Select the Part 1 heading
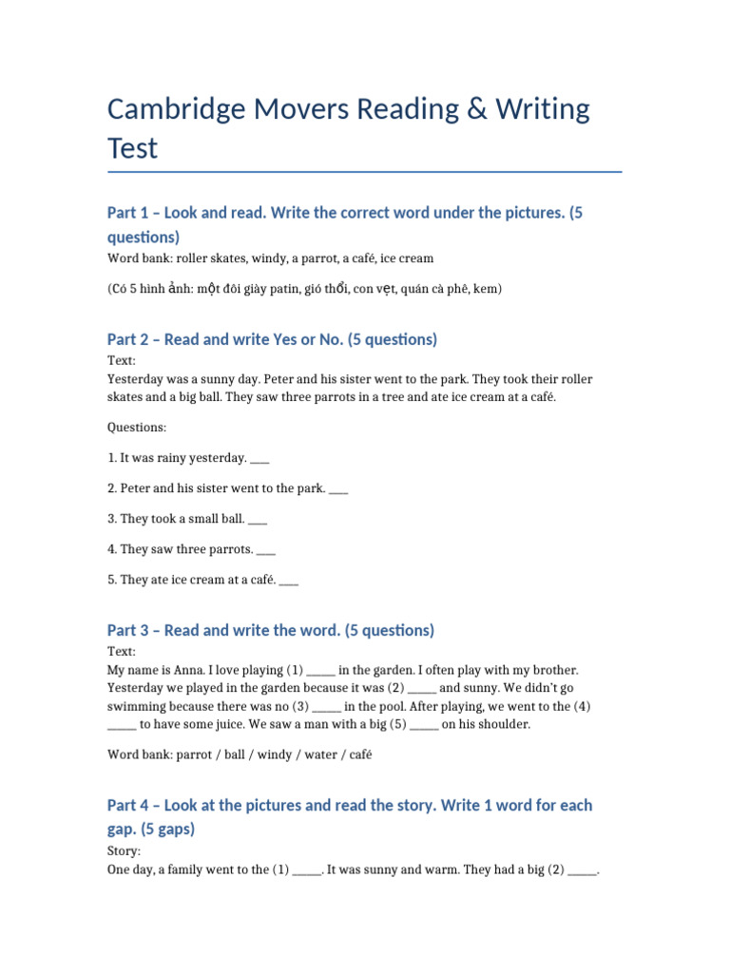coord(345,224)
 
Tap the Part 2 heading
coord(272,339)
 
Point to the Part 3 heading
coord(270,630)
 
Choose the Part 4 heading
coord(349,816)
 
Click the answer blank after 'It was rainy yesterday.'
coord(260,459)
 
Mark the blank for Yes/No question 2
coord(338,489)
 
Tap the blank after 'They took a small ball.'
coord(258,520)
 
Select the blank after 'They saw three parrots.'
coord(266,550)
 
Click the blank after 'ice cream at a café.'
coord(290,581)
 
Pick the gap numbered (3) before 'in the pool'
coord(327,707)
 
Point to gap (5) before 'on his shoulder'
coord(425,725)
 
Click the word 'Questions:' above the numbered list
coord(137,428)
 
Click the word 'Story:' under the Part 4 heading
coord(125,851)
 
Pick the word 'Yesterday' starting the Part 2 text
coord(136,379)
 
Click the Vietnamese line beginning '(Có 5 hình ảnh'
coord(304,289)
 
